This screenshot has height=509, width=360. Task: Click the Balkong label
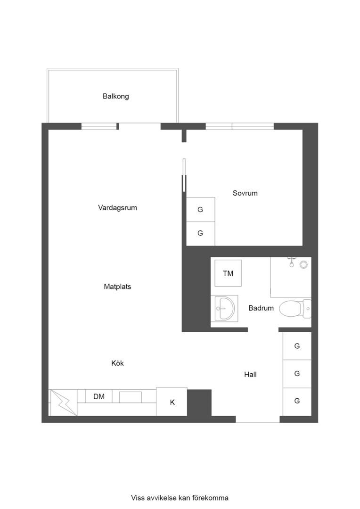pos(115,96)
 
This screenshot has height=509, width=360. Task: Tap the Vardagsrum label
pos(117,207)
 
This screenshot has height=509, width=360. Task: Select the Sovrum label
pos(245,193)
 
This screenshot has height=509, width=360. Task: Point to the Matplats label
pos(117,287)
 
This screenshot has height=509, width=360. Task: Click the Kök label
pos(117,363)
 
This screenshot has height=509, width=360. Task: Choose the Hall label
pos(250,375)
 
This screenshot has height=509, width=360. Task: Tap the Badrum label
pos(261,308)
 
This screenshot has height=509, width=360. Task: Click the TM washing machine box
pos(228,273)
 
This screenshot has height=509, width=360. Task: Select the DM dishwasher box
pos(99,397)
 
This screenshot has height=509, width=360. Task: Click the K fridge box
pos(172,402)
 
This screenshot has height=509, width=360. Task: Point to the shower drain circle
pos(303,265)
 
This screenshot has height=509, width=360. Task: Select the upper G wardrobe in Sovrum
pos(200,210)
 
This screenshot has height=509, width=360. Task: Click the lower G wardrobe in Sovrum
pos(200,233)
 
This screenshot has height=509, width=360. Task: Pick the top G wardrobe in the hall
pos(297,346)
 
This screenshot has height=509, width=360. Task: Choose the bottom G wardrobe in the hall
pos(297,402)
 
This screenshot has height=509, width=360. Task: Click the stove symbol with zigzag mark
pos(64,402)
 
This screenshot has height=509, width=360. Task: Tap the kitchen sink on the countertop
pos(130,397)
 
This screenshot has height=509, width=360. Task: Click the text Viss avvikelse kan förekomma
pos(180,498)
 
